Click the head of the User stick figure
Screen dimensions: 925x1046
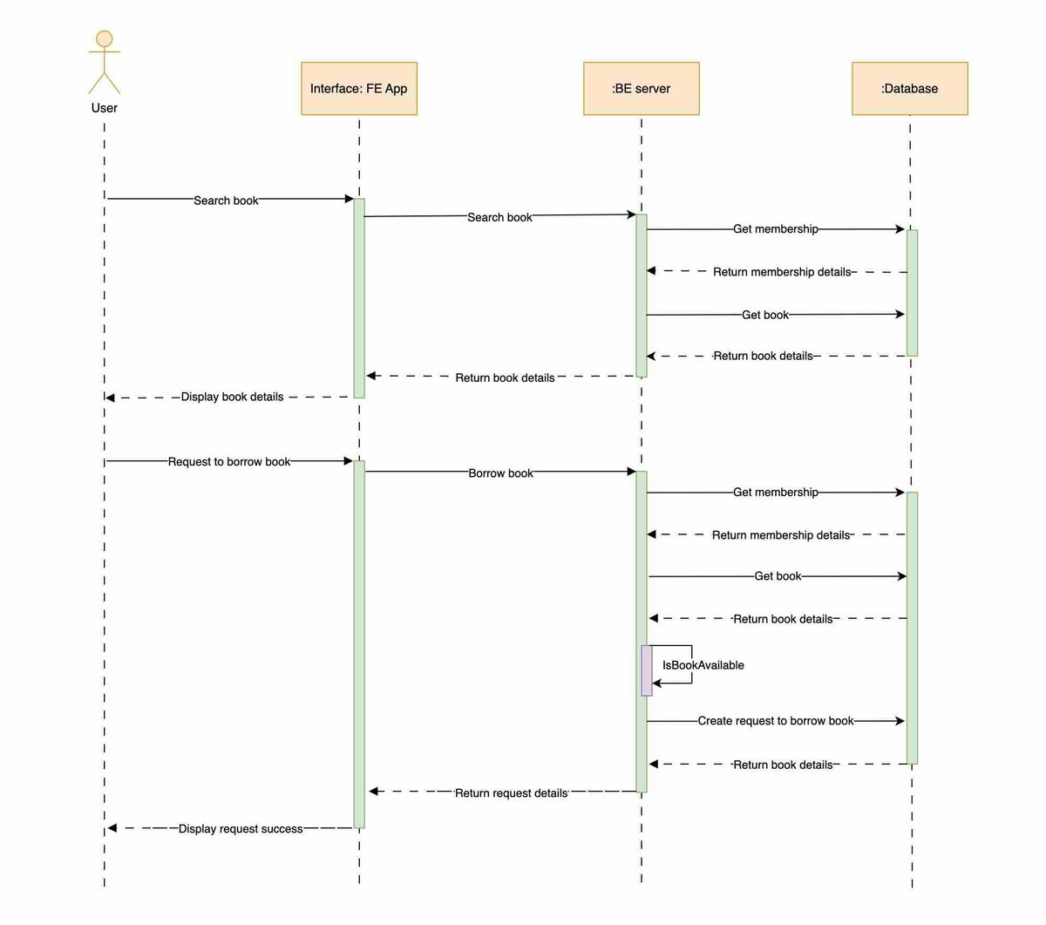pos(105,39)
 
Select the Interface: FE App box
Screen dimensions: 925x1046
pos(359,88)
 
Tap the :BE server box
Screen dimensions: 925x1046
pos(642,88)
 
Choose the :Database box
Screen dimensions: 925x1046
pos(909,88)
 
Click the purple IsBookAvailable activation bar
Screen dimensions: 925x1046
pos(647,670)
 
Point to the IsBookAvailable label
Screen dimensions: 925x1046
pos(703,665)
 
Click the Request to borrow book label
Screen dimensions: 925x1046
pos(229,462)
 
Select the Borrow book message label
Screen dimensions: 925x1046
pos(500,473)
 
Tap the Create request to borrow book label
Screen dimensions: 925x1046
pos(775,721)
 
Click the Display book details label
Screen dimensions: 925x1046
pos(232,397)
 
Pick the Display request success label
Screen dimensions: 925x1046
pos(241,829)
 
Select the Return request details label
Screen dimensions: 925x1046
pos(511,793)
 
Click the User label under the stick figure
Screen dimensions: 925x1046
pos(105,108)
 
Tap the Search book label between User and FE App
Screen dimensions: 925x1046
pos(226,201)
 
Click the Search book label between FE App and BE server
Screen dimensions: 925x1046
pos(499,217)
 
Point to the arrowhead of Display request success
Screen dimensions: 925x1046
pos(112,828)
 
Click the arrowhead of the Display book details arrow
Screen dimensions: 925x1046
pos(110,398)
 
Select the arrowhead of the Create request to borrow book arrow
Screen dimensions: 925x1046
pos(900,721)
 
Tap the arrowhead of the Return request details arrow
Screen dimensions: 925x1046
pos(373,792)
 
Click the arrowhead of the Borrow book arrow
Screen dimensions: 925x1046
pos(632,472)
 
